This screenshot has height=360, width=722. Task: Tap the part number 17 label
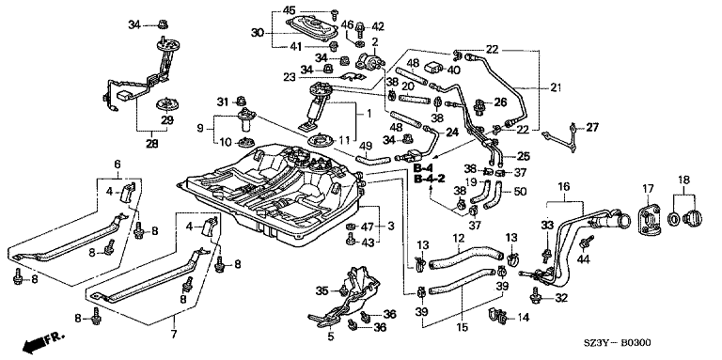648,188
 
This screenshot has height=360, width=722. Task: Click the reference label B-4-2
429,179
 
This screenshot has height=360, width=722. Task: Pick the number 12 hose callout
458,239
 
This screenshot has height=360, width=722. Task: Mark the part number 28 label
152,144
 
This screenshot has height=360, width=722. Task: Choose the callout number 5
331,337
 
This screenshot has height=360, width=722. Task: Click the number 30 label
258,32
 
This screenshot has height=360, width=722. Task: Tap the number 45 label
290,9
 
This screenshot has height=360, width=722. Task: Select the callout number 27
591,128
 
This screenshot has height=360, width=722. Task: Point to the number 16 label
564,186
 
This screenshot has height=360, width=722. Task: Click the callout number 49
365,147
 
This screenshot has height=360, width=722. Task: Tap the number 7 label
174,335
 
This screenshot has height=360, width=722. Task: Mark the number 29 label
166,120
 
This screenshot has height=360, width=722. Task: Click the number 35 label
322,290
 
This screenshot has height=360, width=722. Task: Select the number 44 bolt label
583,259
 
